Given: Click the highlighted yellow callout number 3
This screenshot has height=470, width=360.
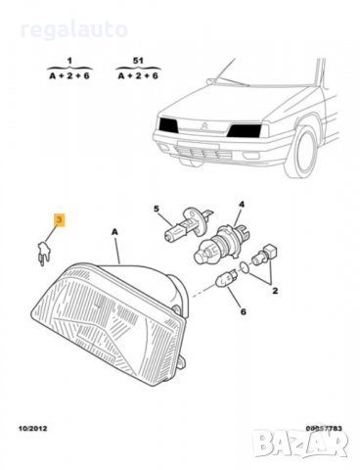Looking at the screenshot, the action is coord(59,221).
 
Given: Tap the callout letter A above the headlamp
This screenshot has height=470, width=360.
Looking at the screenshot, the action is coord(114,231).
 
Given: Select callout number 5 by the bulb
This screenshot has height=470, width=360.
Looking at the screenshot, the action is coord(156,209).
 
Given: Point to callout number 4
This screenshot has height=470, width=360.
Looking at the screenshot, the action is coord(242,205).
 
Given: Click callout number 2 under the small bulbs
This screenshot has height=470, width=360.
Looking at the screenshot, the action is coord(276,291).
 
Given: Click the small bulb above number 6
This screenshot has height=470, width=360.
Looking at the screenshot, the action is coord(226,282).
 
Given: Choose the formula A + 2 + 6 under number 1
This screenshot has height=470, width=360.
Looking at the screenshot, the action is coord(70,73).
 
